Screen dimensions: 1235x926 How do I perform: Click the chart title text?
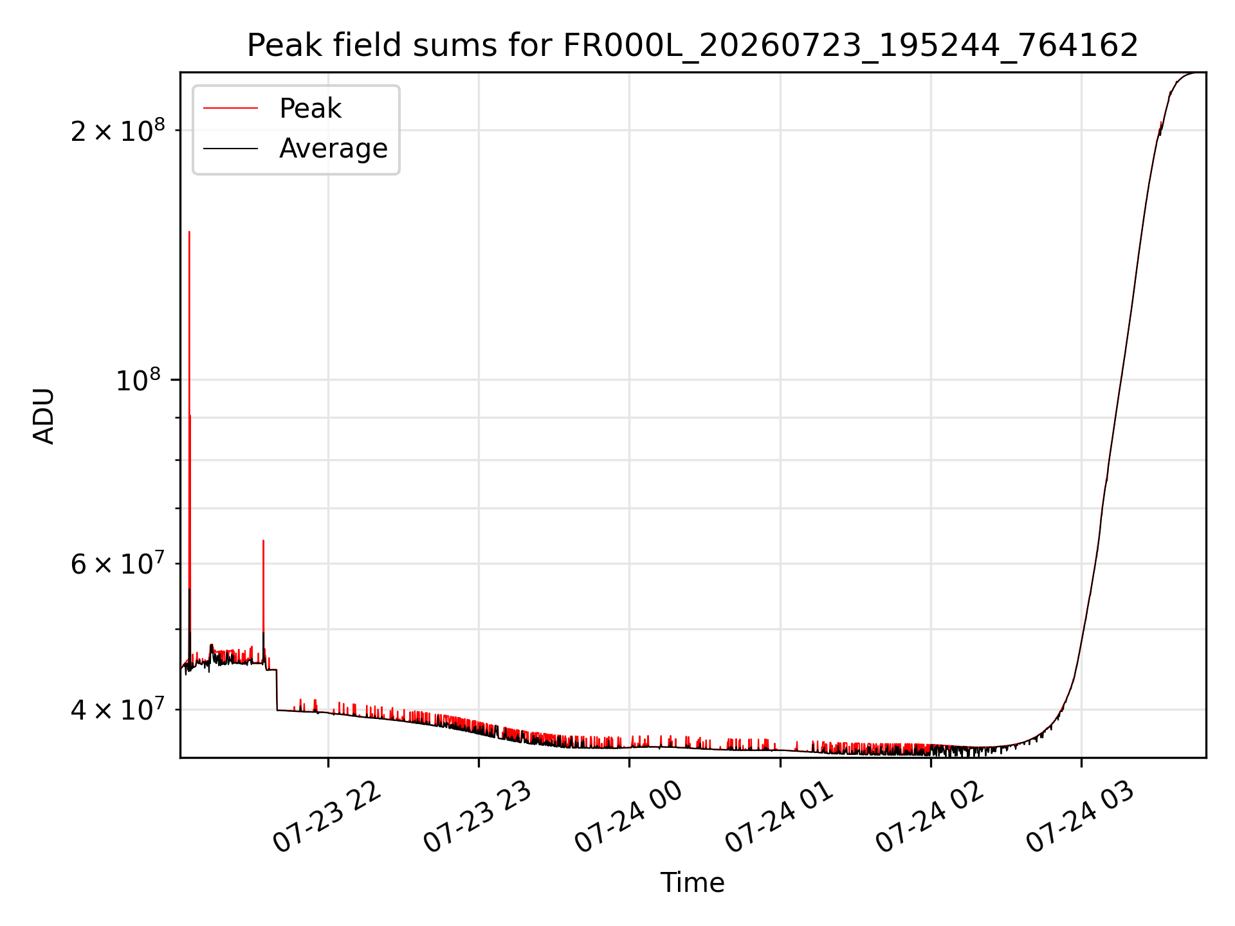coord(693,46)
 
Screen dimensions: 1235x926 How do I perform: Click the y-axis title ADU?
coord(44,415)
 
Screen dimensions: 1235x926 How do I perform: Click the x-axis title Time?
coord(693,883)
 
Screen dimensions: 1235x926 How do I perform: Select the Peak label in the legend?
coord(310,109)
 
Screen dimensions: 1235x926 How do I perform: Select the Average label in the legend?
coord(333,149)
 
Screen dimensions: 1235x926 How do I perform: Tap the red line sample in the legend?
coord(230,109)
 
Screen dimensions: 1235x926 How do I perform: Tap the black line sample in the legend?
coord(230,149)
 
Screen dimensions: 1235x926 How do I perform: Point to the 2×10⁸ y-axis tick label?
coord(118,130)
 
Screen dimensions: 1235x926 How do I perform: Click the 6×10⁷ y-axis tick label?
coord(118,563)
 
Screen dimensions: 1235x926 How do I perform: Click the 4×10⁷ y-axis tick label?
coord(118,709)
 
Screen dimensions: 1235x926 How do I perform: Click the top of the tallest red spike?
coord(189,232)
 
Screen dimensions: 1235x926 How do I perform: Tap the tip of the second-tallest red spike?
coord(263,540)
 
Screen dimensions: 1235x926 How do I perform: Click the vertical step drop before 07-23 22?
coord(277,690)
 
